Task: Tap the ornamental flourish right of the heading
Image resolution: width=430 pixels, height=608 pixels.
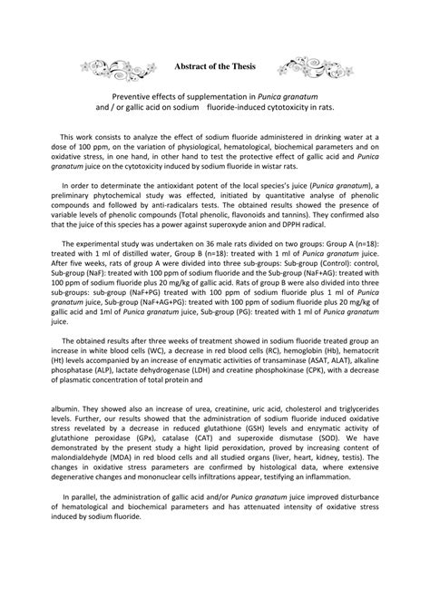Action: coord(313,67)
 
